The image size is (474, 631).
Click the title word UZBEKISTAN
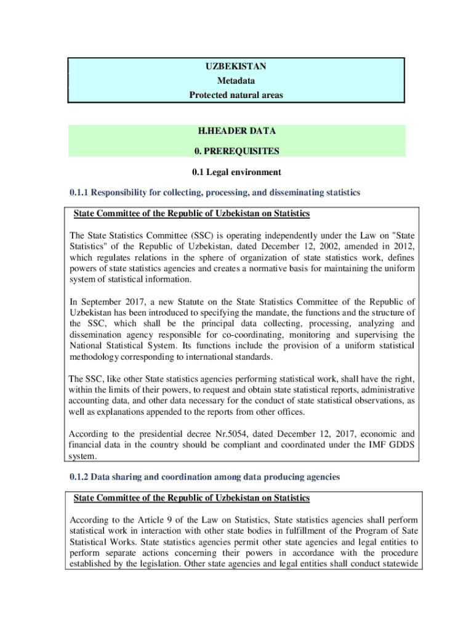[x=236, y=65]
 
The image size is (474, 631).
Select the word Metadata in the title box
[x=236, y=80]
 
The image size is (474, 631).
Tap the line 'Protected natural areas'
[x=236, y=95]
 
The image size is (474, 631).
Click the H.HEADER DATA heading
[x=236, y=131]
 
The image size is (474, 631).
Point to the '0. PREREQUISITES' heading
[x=236, y=150]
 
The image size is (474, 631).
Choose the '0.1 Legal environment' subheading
[x=236, y=172]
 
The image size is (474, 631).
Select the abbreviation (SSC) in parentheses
[x=204, y=235]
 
